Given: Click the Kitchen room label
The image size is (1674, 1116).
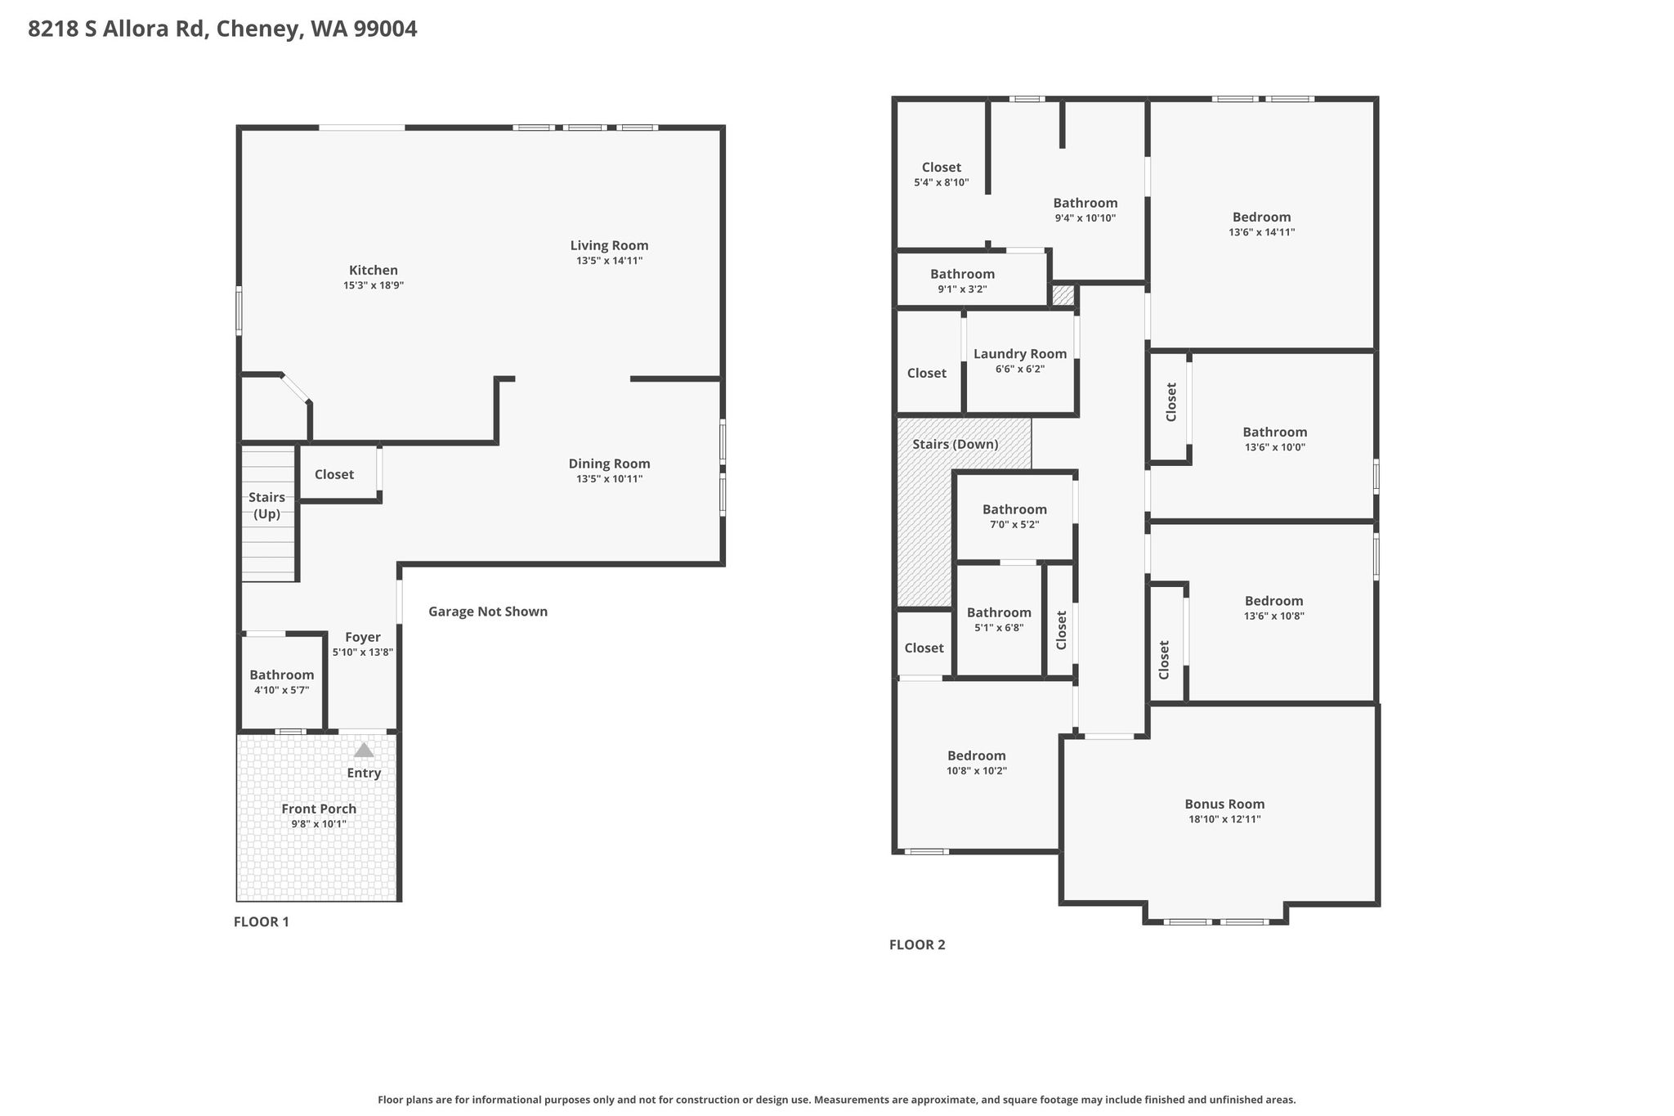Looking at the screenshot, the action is click(x=374, y=271).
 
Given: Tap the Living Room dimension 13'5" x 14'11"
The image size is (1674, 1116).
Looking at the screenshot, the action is click(x=610, y=261).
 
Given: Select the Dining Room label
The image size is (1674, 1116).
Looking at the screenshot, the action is click(x=610, y=464).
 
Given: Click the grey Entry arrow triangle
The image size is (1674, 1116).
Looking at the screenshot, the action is click(x=364, y=750).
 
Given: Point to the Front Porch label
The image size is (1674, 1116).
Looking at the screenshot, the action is click(x=319, y=809).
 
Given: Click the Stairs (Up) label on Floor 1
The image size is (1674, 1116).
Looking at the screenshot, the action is click(x=266, y=505).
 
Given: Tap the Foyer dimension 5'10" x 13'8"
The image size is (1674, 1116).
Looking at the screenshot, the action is click(x=363, y=652).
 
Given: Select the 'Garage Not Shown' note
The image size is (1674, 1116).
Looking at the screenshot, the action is click(x=488, y=612).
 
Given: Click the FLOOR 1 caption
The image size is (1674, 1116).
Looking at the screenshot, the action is click(x=262, y=922).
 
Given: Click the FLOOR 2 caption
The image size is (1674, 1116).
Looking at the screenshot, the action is click(x=917, y=945).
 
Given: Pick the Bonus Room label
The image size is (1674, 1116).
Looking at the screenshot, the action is click(x=1224, y=805).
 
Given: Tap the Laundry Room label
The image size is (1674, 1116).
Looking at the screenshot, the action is click(x=1020, y=354).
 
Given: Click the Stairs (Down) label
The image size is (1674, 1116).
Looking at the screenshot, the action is click(x=956, y=445).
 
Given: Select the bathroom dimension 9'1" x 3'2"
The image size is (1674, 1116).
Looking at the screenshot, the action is click(x=962, y=289).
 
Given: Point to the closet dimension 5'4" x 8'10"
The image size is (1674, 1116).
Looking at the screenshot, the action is click(x=942, y=182).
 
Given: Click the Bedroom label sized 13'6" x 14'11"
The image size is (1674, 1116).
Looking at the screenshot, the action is click(x=1262, y=217).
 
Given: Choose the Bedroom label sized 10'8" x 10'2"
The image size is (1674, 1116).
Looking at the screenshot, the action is click(x=977, y=756).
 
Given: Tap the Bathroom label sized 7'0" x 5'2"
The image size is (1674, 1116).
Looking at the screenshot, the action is click(x=1014, y=509).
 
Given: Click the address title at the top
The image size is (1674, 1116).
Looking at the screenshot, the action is click(x=222, y=29).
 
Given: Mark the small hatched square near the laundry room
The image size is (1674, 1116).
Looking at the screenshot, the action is click(x=1063, y=294).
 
